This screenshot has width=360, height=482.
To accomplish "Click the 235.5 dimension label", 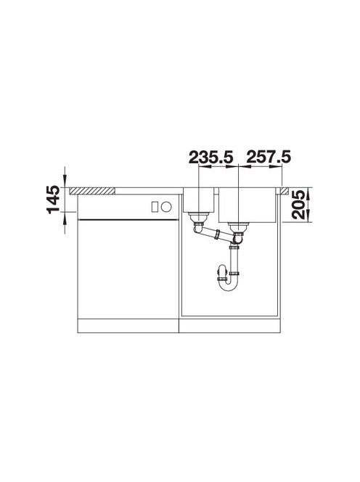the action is tap(211, 157).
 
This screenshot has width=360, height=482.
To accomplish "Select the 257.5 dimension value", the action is tap(268, 157).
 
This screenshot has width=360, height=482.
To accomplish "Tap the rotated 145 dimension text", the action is tap(53, 199).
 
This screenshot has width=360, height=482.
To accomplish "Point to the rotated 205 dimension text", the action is tap(298, 205).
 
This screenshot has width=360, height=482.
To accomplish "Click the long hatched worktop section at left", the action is tap(92, 191).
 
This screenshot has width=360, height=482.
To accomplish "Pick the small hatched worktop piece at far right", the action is tap(284, 191).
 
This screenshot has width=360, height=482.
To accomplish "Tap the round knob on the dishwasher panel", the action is tap(166, 207).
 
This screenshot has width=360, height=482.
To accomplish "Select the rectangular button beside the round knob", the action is tap(155, 207).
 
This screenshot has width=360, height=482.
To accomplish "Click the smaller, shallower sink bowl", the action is tap(199, 200).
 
